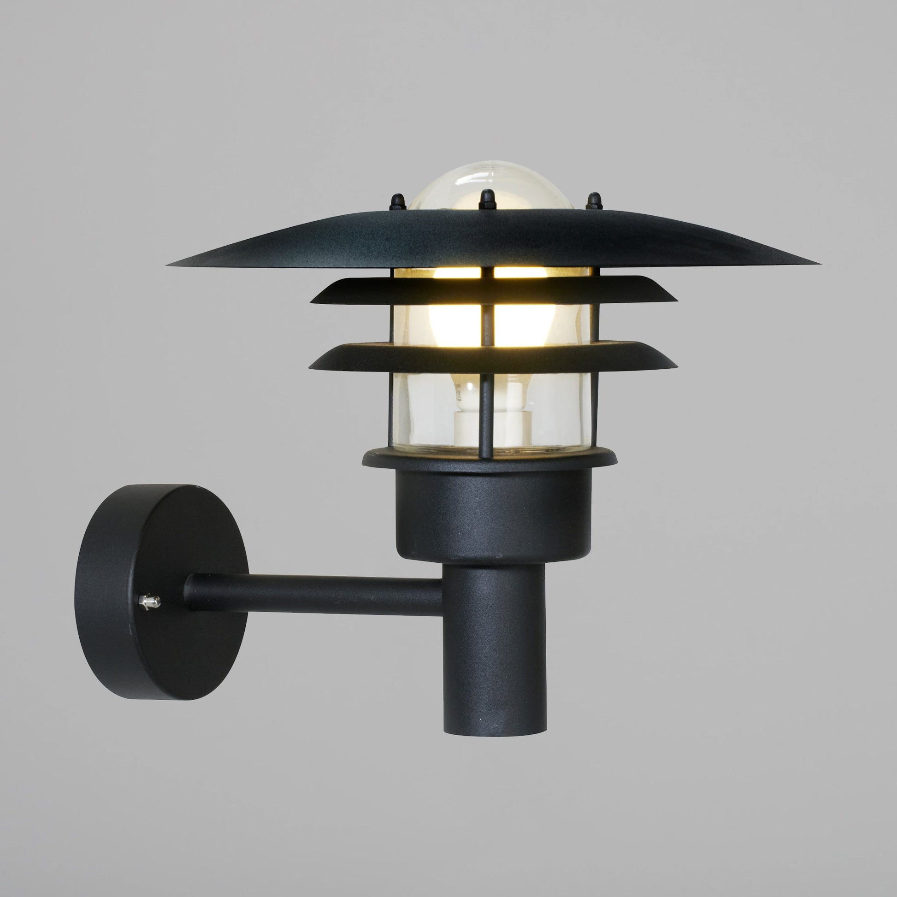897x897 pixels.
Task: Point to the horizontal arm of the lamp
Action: point(316,594)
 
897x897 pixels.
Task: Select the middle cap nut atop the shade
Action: point(486,199)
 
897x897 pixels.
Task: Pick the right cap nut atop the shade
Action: point(593,202)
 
